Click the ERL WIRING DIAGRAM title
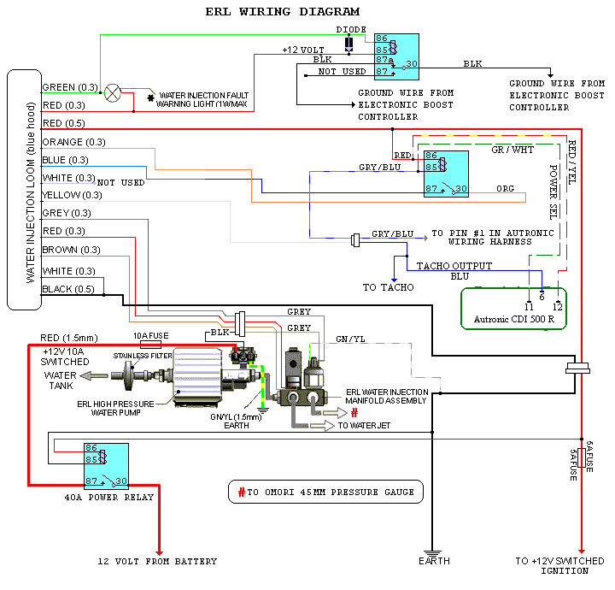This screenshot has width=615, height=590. click(283, 12)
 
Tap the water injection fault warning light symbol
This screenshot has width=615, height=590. click(113, 93)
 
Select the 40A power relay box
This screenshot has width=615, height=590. click(106, 466)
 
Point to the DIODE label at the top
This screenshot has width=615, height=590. click(350, 29)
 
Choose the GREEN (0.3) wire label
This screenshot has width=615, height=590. click(70, 87)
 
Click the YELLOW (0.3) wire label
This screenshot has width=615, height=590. click(72, 195)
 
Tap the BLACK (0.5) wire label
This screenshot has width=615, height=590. click(69, 289)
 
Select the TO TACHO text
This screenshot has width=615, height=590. click(388, 287)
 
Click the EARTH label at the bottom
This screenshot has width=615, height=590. click(433, 562)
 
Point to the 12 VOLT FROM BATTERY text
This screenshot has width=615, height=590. click(156, 562)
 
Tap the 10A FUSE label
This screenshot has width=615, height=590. click(149, 335)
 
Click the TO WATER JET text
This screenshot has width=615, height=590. click(369, 424)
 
